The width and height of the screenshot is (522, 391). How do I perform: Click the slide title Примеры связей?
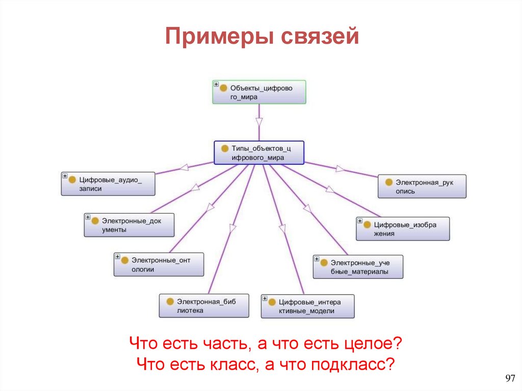[262, 37]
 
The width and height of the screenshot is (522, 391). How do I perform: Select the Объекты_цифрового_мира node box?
[259, 92]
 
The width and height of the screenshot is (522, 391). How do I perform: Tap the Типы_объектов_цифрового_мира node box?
[259, 152]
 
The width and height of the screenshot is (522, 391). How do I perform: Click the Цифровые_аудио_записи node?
[108, 184]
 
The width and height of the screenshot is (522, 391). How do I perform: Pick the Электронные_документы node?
[129, 225]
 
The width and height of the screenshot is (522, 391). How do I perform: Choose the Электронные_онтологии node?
[159, 265]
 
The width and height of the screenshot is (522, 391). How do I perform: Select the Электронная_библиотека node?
[204, 305]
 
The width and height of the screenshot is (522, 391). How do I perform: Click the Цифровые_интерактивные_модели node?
[307, 306]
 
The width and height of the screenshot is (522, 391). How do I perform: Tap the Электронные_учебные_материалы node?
[358, 267]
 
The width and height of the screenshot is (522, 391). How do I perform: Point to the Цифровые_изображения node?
[403, 229]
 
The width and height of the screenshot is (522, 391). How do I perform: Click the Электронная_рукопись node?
[422, 187]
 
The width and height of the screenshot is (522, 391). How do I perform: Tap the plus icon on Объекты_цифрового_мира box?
[216, 84]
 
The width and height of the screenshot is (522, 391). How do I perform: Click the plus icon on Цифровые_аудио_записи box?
[65, 176]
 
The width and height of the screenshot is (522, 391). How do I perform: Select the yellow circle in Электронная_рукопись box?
[389, 182]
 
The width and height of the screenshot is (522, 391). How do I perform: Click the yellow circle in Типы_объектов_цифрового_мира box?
[225, 148]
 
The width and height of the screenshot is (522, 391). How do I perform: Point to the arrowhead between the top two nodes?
[259, 122]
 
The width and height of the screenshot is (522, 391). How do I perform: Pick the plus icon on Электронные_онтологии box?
[117, 256]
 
